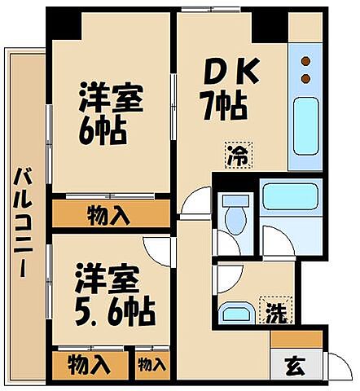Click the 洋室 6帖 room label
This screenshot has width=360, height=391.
coord(109,114)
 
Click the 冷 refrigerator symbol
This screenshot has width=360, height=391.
coord(239,152)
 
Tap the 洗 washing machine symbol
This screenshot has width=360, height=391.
coord(277,310)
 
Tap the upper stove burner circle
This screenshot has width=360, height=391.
coord(307,61)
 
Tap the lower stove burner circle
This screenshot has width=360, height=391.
coord(307,78)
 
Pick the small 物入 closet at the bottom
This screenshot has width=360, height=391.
coord(152,364)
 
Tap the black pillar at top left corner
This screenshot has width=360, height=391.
coord(62,24)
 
